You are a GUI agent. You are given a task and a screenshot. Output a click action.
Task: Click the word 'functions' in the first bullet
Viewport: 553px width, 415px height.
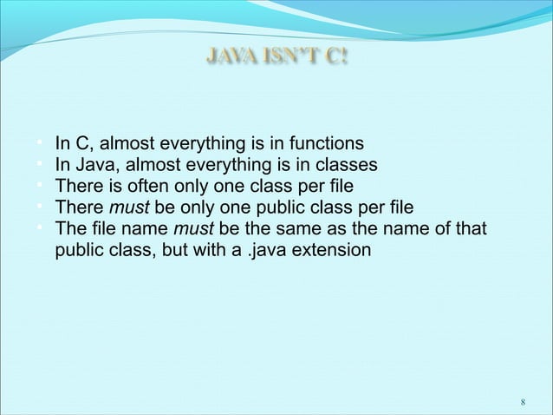pyautogui.click(x=327, y=143)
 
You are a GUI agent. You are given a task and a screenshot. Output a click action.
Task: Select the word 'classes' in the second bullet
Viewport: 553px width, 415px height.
pyautogui.click(x=346, y=165)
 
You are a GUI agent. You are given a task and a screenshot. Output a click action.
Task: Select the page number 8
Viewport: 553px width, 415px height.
pyautogui.click(x=523, y=403)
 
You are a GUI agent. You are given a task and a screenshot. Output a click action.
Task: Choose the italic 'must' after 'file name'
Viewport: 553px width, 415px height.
pyautogui.click(x=192, y=229)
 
